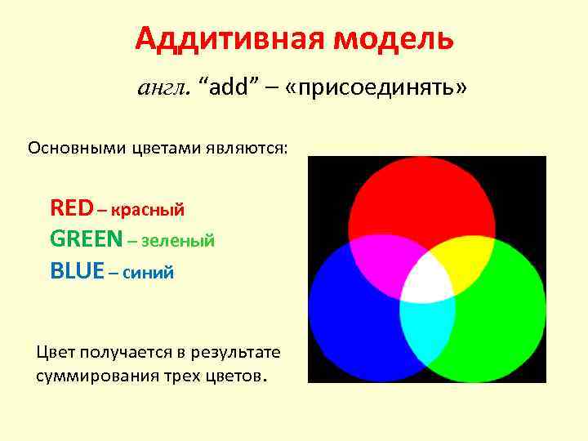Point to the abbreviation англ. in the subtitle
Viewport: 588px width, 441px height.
(163, 88)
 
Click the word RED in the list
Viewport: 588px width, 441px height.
(71, 207)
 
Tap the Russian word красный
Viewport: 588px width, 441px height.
(147, 209)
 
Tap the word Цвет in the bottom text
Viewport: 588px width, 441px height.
(55, 352)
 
